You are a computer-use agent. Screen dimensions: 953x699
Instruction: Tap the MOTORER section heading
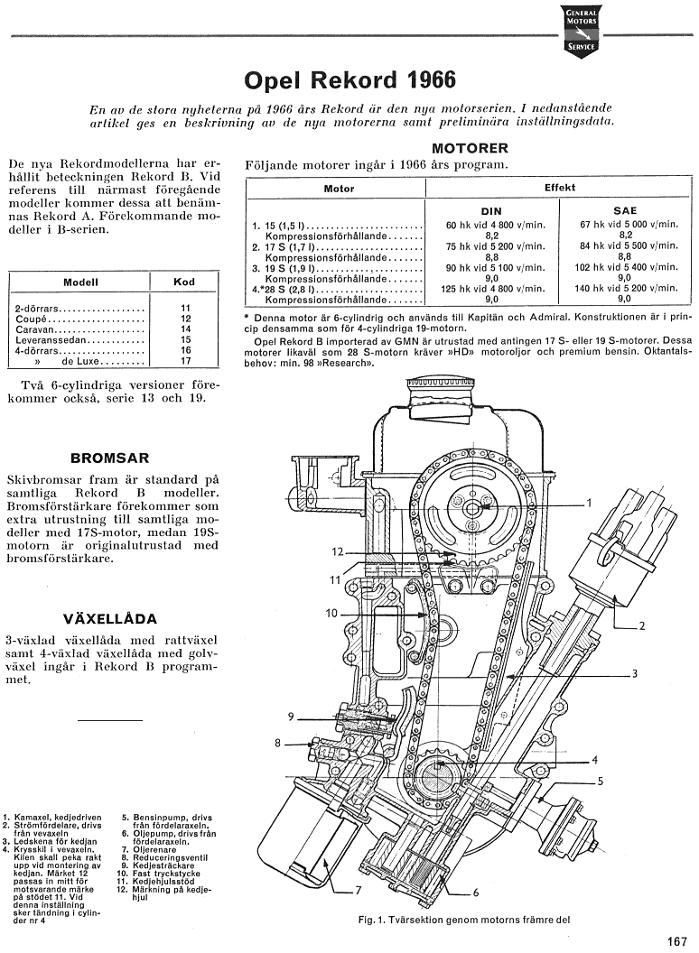tap(470, 147)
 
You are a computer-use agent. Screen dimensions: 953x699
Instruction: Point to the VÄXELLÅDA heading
tap(110, 619)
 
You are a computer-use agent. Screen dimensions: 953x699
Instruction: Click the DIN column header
tap(490, 210)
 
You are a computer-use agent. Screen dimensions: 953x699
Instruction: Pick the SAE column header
tap(624, 210)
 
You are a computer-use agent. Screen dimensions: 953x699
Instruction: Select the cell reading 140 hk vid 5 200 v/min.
tap(624, 289)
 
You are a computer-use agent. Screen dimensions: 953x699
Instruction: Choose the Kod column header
tap(183, 282)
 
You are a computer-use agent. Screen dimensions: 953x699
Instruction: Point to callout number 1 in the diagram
tap(589, 503)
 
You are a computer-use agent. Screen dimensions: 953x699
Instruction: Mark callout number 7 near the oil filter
tap(359, 889)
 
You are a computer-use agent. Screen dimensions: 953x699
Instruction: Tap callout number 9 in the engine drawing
tap(292, 717)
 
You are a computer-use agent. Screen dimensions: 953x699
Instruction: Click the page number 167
tap(677, 940)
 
